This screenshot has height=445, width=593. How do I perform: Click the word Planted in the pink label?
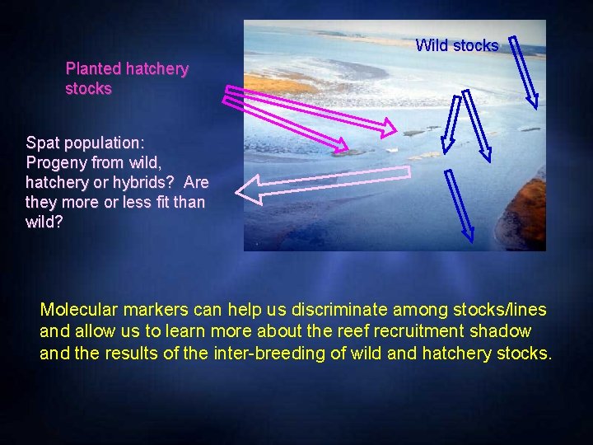point(93,69)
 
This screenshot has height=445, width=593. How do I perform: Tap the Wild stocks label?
point(456,45)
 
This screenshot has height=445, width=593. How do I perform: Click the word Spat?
point(42,142)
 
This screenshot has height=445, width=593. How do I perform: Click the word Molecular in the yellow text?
point(78,310)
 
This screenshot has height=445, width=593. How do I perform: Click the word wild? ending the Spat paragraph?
point(44,222)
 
